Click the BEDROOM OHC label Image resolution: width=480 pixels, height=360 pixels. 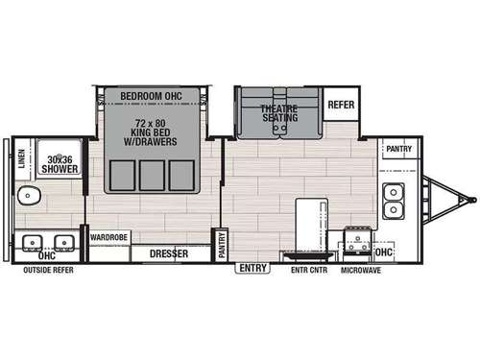153,95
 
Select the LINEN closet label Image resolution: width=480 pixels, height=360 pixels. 22,157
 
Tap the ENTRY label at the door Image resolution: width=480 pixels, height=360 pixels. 253,268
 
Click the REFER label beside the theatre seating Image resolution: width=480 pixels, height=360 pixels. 341,105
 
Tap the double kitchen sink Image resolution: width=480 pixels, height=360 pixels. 392,199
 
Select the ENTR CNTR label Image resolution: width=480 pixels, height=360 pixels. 309,271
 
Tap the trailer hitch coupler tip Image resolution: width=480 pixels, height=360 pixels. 471,200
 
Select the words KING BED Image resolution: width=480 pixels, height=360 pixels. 154,135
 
